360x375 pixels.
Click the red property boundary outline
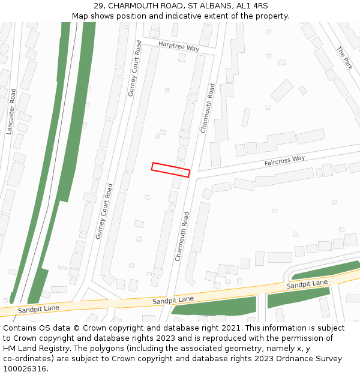[x=171, y=170]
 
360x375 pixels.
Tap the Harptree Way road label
[x=179, y=46]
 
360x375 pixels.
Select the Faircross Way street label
[x=285, y=161]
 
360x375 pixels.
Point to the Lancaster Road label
[x=11, y=112]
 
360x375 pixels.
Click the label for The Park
[x=345, y=58]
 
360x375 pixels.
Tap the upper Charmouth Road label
[x=208, y=108]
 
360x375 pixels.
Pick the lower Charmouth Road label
[x=182, y=236]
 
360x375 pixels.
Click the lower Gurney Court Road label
[x=104, y=212]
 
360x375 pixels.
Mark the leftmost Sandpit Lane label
[x=38, y=309]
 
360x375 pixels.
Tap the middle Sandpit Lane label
[x=173, y=299]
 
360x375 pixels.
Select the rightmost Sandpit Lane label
[x=307, y=284]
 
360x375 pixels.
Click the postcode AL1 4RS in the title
[x=252, y=6]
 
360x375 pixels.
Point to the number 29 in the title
[x=99, y=6]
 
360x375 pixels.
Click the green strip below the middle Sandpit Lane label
[x=214, y=308]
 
